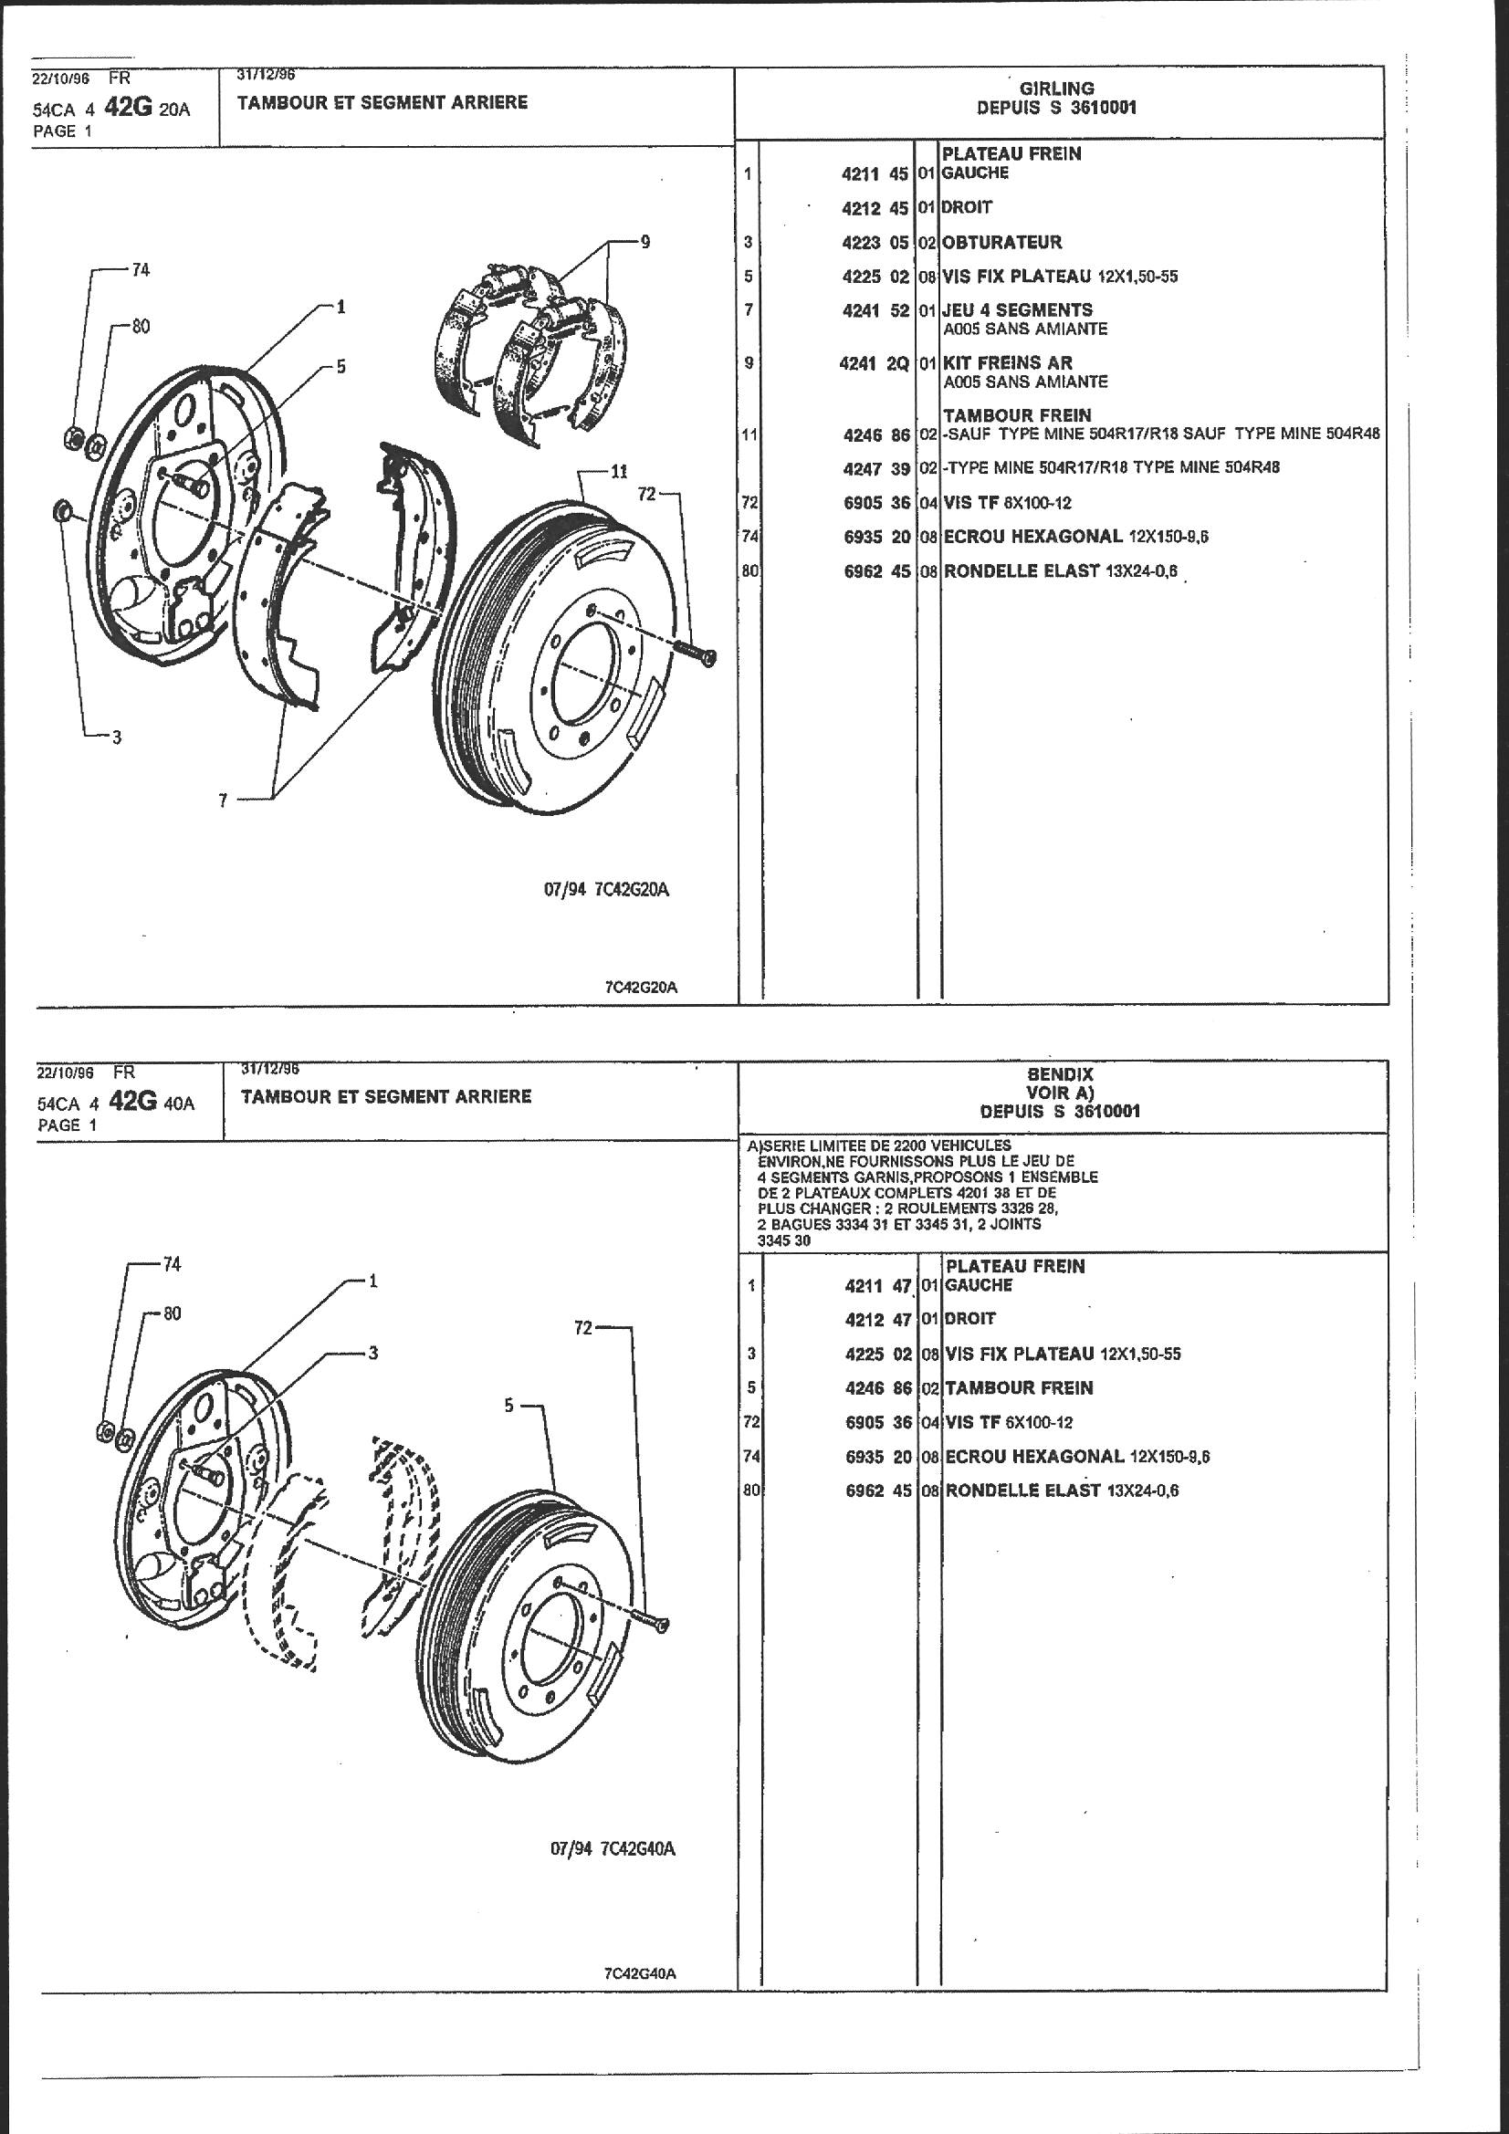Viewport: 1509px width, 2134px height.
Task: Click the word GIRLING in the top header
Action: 1056,89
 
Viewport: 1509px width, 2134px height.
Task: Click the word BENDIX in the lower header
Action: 1059,1074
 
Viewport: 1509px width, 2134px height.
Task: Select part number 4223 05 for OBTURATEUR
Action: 874,243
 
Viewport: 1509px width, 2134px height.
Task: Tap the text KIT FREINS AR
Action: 1008,362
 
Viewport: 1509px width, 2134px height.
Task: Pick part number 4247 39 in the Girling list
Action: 874,467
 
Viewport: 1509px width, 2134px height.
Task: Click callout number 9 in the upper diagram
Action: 644,243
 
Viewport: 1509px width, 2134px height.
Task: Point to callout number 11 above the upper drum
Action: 619,471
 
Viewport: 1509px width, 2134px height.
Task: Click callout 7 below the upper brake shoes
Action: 223,800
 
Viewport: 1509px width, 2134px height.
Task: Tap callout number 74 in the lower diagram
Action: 172,1264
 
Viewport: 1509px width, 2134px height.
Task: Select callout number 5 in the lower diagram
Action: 508,1405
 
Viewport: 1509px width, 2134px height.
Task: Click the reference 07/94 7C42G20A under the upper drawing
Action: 606,890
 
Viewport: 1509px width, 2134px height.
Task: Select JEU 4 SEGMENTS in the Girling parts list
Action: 1017,309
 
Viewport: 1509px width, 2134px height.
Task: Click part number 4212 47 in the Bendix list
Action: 877,1318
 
